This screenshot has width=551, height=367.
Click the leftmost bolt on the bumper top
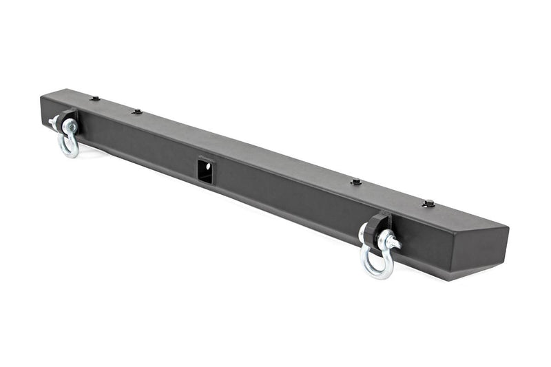[x=94, y=98]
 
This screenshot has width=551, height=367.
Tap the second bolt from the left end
[x=137, y=111]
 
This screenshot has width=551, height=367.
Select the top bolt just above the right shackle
[x=356, y=182]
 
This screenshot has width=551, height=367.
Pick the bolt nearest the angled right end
[x=428, y=203]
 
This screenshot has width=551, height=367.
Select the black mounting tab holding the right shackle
[x=380, y=224]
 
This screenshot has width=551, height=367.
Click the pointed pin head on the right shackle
[x=396, y=243]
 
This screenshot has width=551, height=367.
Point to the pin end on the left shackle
[x=53, y=121]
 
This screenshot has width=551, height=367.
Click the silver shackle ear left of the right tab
[x=362, y=234]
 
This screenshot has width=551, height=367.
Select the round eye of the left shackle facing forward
[x=70, y=125]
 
